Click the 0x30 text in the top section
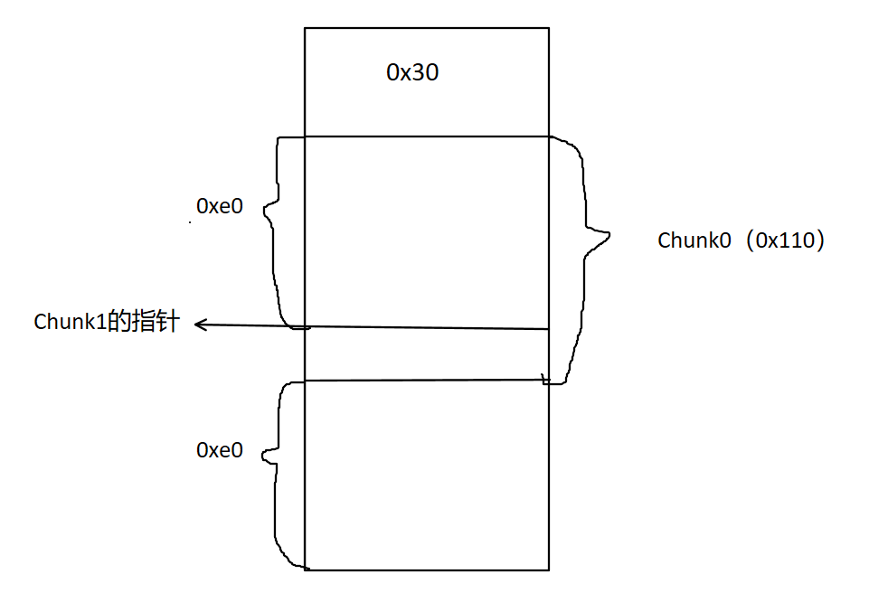pyautogui.click(x=412, y=73)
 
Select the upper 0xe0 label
pyautogui.click(x=220, y=205)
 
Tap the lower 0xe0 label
pyautogui.click(x=220, y=449)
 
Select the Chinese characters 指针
pyautogui.click(x=156, y=322)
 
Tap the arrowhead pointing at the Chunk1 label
pyautogui.click(x=197, y=324)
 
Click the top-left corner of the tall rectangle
pyautogui.click(x=305, y=28)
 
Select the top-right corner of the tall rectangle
pyautogui.click(x=549, y=28)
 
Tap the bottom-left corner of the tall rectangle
pyautogui.click(x=305, y=569)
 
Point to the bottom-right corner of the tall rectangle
pyautogui.click(x=549, y=569)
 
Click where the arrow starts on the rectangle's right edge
pyautogui.click(x=549, y=329)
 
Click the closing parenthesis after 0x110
pyautogui.click(x=820, y=240)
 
